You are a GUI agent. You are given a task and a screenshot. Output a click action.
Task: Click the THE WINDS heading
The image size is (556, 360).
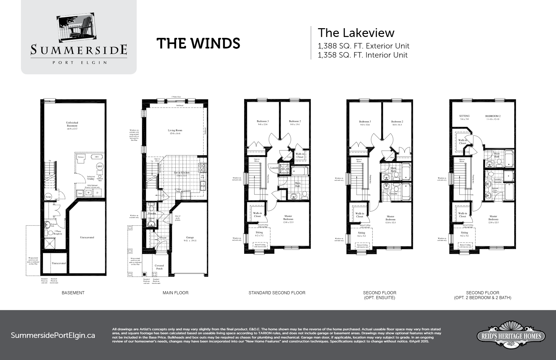coord(198,43)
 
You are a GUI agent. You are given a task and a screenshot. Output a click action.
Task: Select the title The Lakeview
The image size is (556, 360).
coord(356,33)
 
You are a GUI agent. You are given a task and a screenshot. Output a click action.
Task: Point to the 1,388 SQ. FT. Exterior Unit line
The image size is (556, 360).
coord(363,46)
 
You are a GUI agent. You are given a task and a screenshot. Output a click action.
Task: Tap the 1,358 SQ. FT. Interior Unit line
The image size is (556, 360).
coord(362,55)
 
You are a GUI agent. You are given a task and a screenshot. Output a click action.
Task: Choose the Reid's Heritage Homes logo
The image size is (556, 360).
coord(511,335)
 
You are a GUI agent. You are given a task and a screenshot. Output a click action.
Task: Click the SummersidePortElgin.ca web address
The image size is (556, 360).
coord(53,335)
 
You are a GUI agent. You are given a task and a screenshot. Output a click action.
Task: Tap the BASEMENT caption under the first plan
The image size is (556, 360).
coord(73,293)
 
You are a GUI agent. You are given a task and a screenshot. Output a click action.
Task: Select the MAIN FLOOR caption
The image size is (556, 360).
coord(175,293)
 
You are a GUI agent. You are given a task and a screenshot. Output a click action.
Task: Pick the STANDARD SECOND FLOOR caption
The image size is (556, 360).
coord(277,293)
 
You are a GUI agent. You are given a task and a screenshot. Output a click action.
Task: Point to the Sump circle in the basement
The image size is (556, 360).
coord(48,197)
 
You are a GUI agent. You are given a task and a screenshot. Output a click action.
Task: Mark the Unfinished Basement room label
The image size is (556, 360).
coord(72,126)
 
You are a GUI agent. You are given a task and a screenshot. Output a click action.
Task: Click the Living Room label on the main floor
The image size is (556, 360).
coord(175,132)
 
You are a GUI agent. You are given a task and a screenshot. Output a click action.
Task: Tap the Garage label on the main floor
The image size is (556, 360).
coord(190,239)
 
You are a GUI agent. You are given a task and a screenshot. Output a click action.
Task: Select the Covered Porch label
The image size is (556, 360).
coord(159,267)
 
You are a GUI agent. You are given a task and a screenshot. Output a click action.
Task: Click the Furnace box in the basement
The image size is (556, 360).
coord(81,158)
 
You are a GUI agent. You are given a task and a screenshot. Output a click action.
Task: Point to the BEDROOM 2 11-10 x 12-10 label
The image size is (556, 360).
coord(493,118)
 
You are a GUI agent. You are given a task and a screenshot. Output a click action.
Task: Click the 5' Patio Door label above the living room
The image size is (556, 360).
coord(176,97)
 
